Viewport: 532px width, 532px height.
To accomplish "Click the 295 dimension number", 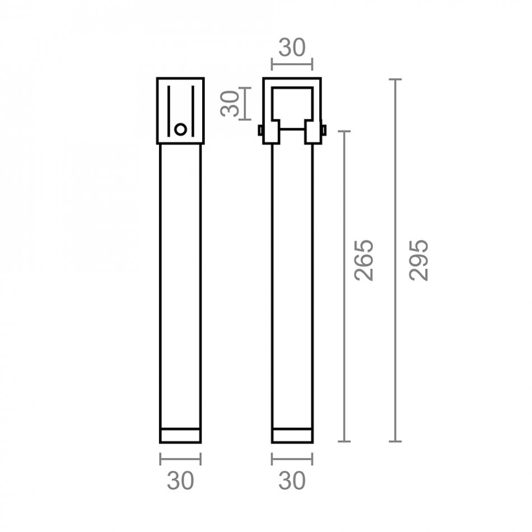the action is pyautogui.click(x=419, y=260).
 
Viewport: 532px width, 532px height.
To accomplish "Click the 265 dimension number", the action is pyautogui.click(x=363, y=260).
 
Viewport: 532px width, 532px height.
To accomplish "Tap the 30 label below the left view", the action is pyautogui.click(x=180, y=480).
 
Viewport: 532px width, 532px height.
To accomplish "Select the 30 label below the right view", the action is pyautogui.click(x=292, y=480).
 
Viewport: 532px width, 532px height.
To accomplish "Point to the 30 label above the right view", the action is pyautogui.click(x=292, y=48).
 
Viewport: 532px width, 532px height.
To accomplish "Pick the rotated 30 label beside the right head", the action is pyautogui.click(x=230, y=104).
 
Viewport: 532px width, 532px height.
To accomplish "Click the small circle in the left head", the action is pyautogui.click(x=180, y=129).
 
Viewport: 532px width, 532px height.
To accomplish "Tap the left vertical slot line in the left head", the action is pyautogui.click(x=169, y=111).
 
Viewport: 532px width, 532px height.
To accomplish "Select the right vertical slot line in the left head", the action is pyautogui.click(x=193, y=111).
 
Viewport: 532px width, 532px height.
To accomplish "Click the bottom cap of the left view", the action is pyautogui.click(x=180, y=436).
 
